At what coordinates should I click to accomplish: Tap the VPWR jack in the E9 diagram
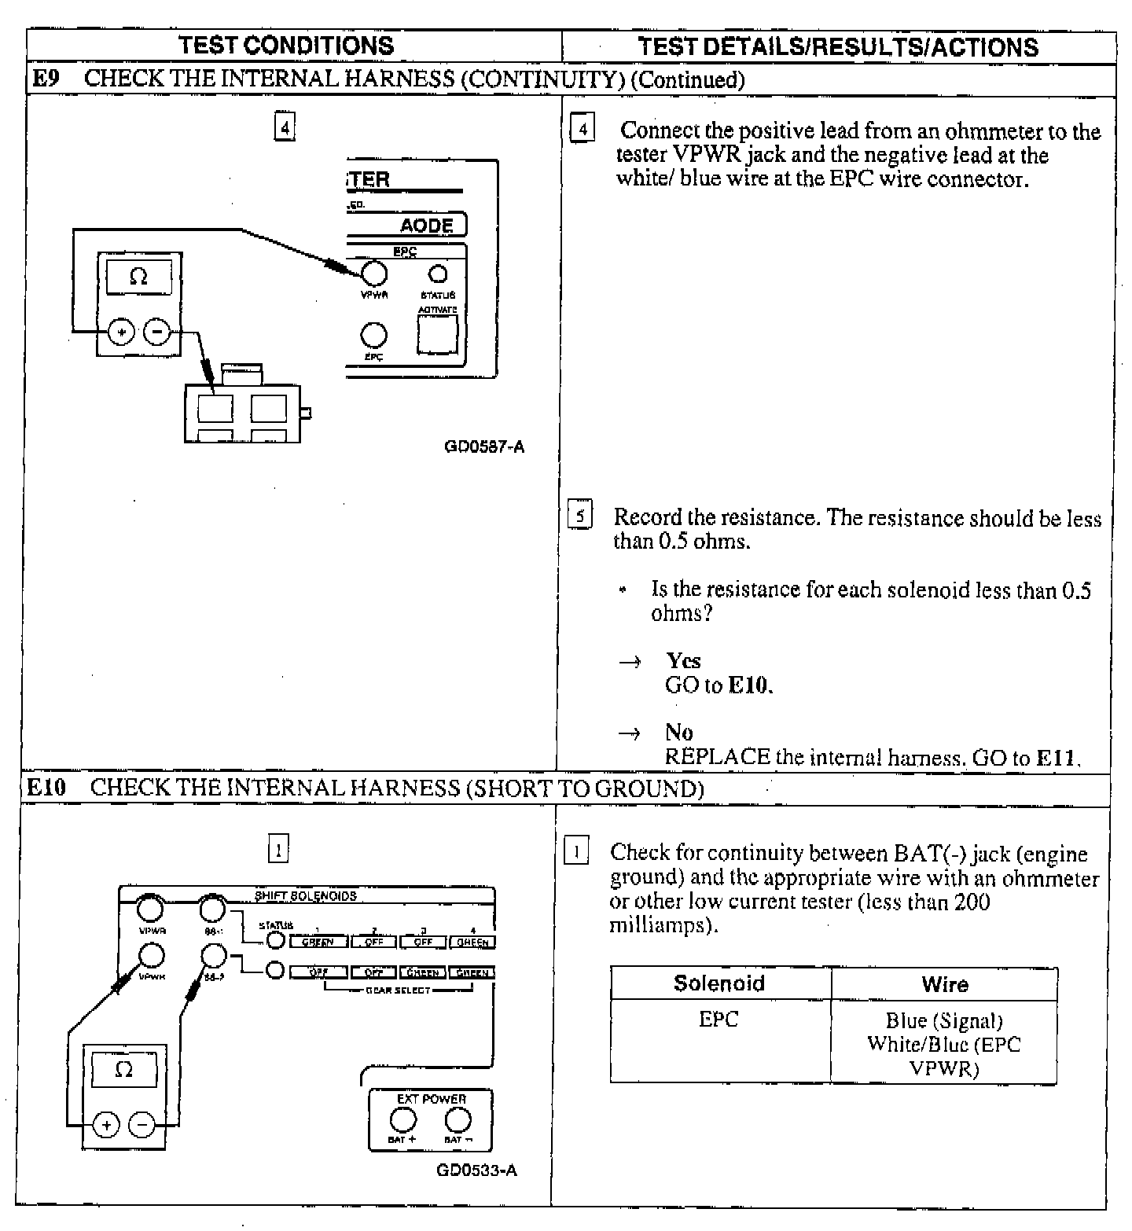374,274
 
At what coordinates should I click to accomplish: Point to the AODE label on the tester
427,226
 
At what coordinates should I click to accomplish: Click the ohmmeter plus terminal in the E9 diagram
121,333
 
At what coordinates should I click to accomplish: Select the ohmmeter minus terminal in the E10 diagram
142,1126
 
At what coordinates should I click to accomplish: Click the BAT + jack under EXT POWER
403,1119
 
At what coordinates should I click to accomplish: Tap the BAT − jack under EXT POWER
458,1119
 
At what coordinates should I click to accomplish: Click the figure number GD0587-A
484,447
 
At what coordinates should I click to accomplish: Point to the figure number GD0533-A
476,1170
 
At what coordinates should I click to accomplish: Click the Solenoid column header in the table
719,983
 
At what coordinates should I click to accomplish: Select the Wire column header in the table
944,984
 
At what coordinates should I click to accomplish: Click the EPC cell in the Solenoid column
719,1020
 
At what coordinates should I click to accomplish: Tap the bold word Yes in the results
683,660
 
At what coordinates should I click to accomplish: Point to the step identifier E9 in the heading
45,79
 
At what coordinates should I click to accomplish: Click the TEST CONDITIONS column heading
286,46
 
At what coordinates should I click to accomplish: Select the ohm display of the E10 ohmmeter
124,1070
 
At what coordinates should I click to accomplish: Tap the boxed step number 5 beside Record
579,516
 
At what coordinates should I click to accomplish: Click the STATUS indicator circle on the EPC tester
437,274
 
